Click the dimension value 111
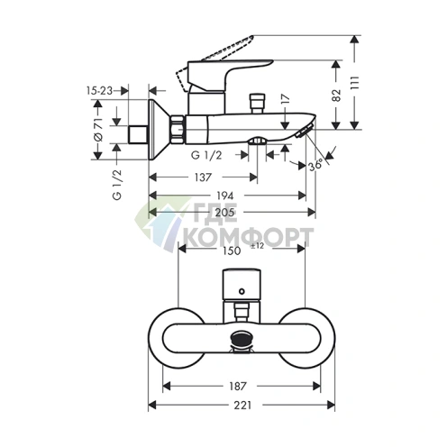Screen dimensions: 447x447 pyautogui.click(x=359, y=85)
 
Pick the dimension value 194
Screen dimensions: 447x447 pyautogui.click(x=225, y=196)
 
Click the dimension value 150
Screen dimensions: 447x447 pyautogui.click(x=232, y=251)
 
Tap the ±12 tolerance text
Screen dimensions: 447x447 pyautogui.click(x=256, y=246)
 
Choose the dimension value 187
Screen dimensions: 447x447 pyautogui.click(x=240, y=368)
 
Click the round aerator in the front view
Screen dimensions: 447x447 pyautogui.click(x=242, y=341)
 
